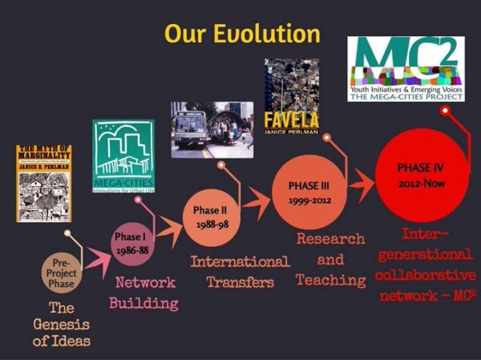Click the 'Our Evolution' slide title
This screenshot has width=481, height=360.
242,34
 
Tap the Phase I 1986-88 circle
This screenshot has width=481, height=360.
131,243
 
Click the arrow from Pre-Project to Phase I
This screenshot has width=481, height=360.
97,257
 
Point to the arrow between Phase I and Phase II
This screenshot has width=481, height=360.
168,232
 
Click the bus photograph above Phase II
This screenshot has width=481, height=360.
212,128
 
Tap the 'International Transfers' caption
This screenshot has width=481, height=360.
240,272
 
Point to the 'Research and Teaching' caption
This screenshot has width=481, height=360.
330,259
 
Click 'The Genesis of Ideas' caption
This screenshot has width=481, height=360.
61,325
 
